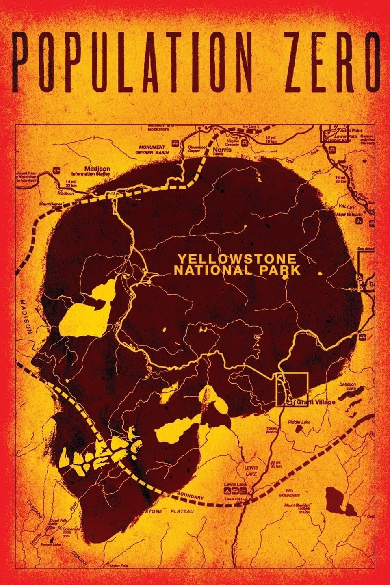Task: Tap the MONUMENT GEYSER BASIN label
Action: (152, 149)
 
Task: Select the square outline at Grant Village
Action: (292, 389)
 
